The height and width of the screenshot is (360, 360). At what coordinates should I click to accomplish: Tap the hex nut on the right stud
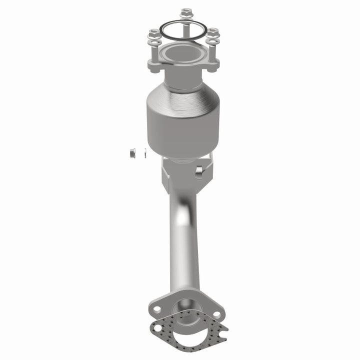213,32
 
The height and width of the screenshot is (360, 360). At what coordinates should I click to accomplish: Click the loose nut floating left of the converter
132,152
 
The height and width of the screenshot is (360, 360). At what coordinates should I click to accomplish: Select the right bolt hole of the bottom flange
217,314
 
